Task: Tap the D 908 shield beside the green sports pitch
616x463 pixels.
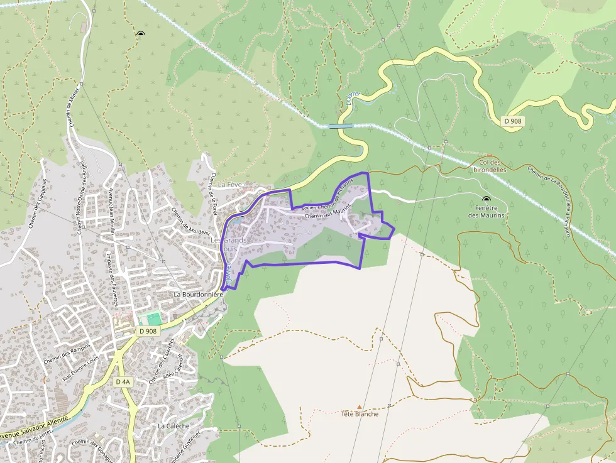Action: (x=148, y=331)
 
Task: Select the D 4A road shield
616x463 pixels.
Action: (x=123, y=381)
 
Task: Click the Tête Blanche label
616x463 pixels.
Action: (x=360, y=414)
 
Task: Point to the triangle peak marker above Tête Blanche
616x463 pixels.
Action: (x=360, y=406)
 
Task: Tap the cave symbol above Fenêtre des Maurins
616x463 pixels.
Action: (x=486, y=199)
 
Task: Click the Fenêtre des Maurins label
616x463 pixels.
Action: (x=487, y=212)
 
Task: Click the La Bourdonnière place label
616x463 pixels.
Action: (x=199, y=294)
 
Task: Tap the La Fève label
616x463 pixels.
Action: (x=230, y=185)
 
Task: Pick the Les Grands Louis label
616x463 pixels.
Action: (x=229, y=244)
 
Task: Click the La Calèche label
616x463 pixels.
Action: (x=173, y=425)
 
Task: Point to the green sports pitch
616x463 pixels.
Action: (x=150, y=319)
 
